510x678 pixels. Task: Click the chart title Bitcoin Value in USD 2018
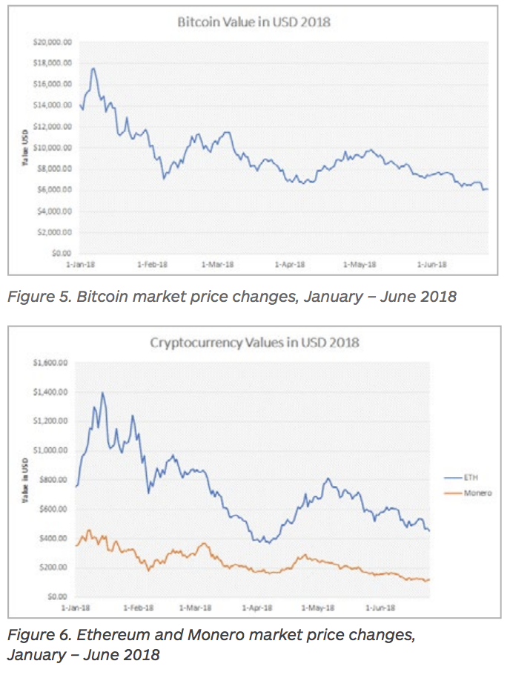point(254,22)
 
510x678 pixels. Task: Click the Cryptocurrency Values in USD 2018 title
point(254,342)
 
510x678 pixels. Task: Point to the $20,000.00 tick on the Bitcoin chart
point(53,42)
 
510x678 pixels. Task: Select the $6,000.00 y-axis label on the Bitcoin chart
point(53,190)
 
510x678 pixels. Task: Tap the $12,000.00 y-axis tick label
point(53,127)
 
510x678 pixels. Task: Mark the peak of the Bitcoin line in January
point(93,69)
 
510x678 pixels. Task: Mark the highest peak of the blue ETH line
point(102,393)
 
